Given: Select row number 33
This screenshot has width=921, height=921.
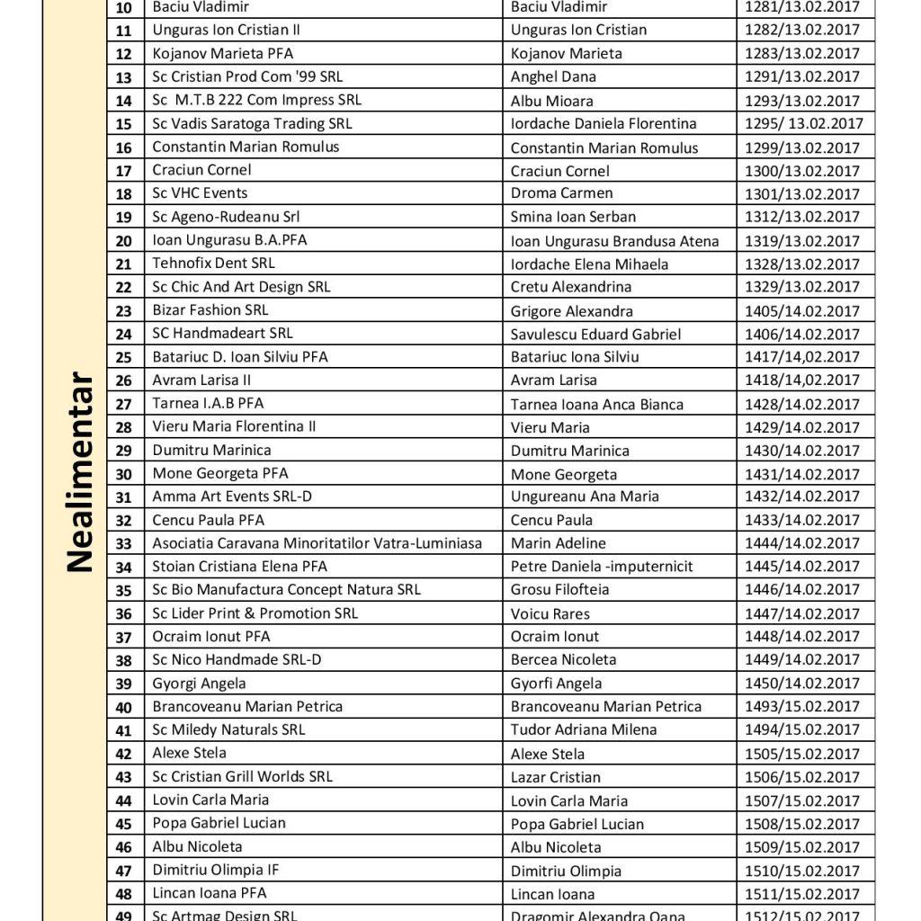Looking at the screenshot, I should pyautogui.click(x=124, y=543).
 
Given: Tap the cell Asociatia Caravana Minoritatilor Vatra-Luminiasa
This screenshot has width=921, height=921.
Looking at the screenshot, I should pyautogui.click(x=317, y=543).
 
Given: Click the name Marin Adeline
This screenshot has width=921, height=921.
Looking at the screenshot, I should pyautogui.click(x=546, y=543).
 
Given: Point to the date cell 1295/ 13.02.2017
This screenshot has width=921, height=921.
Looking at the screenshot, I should pyautogui.click(x=803, y=124).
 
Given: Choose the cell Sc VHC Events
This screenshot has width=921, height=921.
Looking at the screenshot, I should pyautogui.click(x=200, y=193).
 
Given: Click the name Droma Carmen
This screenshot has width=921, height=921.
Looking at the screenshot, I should pyautogui.click(x=549, y=193).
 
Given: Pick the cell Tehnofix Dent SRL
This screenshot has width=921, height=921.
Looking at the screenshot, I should pyautogui.click(x=214, y=264).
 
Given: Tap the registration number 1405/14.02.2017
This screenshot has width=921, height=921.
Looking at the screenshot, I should pyautogui.click(x=802, y=311).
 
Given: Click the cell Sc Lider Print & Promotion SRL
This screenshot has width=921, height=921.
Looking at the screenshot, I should pyautogui.click(x=255, y=613).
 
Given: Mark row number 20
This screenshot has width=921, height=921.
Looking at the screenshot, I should pyautogui.click(x=124, y=240).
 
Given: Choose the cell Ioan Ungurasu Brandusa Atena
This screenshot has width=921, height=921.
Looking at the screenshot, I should pyautogui.click(x=615, y=240).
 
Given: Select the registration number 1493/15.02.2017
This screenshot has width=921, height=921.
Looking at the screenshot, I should pyautogui.click(x=802, y=707).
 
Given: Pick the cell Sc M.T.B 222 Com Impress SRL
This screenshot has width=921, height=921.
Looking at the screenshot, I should pyautogui.click(x=257, y=100).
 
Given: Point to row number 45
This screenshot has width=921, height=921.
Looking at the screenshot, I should pyautogui.click(x=124, y=824).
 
